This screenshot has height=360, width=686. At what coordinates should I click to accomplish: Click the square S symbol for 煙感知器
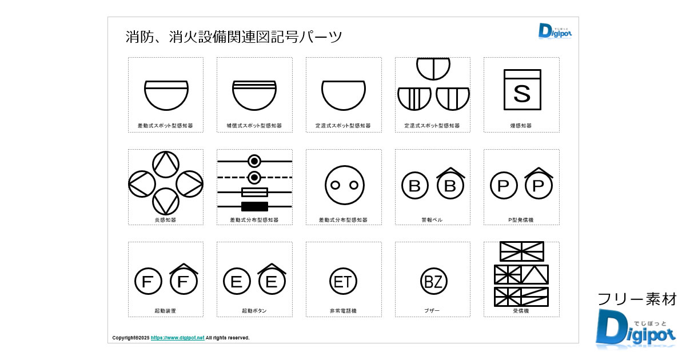522,89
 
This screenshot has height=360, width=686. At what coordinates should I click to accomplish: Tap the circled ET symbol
343,281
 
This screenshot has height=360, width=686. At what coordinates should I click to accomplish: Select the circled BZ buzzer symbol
433,281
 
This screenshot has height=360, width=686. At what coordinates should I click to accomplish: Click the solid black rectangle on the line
254,207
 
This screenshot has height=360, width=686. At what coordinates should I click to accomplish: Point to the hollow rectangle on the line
254,192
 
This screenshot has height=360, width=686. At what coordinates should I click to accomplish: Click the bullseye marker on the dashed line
254,178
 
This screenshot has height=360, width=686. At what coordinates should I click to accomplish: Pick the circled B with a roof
450,183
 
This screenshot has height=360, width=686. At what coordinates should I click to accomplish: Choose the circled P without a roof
504,186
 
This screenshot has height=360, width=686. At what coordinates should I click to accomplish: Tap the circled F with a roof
184,279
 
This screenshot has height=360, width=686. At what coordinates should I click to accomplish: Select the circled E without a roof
237,281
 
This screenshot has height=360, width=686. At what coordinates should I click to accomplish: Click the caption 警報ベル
432,220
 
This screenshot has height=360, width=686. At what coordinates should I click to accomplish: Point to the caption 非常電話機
343,311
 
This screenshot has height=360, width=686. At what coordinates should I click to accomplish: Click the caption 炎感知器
165,220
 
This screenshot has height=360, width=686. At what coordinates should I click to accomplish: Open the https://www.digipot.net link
177,338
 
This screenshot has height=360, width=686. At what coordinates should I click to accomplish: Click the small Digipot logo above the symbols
555,31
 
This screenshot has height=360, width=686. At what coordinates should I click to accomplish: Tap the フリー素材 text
637,299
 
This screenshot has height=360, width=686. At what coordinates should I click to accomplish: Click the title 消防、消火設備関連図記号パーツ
234,37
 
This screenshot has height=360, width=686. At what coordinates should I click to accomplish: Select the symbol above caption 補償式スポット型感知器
254,95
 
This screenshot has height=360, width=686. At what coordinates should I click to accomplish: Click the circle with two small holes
345,185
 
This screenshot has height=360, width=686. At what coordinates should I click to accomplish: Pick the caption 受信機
521,311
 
